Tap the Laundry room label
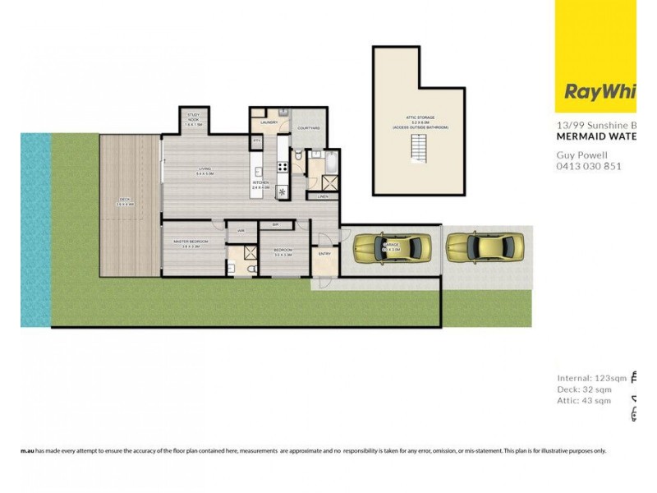269,122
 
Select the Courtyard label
308,128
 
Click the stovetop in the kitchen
283,167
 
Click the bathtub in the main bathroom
330,162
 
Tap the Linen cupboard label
322,196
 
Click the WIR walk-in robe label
241,231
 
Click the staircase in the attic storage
420,149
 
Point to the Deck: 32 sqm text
584,389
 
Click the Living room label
204,171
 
